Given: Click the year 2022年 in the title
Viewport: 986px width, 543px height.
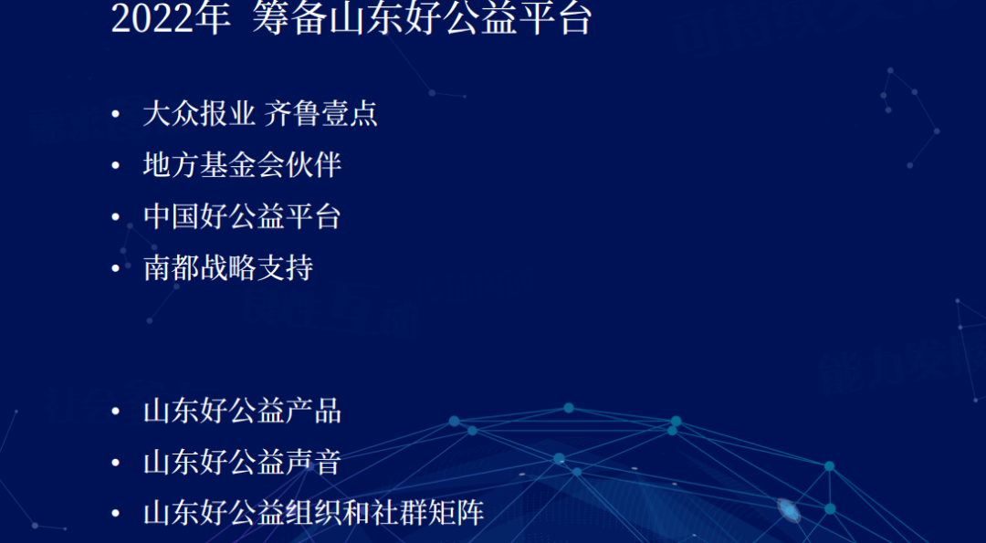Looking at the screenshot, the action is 171,19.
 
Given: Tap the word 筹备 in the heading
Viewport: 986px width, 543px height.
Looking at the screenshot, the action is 281,19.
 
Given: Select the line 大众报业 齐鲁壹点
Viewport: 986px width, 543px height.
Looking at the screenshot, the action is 260,114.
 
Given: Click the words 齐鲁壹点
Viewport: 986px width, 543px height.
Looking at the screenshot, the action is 320,114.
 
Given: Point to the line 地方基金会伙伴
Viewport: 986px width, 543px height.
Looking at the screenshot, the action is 243,165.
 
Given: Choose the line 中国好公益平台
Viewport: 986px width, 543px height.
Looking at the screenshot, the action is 243,217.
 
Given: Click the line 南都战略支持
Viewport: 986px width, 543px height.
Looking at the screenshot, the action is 228,268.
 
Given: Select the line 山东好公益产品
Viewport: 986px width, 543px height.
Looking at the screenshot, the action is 243,412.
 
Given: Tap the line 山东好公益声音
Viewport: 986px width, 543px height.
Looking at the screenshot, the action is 243,464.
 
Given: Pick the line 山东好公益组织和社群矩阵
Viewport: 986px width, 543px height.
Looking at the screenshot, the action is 314,514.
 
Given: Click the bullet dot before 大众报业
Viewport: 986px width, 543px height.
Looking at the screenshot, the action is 115,114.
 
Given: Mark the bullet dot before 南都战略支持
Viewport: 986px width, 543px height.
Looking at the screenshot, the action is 115,268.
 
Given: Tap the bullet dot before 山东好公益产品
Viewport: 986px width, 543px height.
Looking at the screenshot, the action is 115,412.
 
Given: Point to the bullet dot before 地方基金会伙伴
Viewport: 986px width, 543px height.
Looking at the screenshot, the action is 115,166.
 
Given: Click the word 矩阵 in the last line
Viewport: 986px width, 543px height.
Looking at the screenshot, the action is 456,514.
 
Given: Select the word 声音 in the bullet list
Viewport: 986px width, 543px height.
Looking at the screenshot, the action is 314,464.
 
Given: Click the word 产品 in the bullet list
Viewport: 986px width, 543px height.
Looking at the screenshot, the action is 314,412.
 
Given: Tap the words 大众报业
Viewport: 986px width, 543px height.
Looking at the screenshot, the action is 199,114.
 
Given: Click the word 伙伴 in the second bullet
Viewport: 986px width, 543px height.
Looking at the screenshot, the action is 314,165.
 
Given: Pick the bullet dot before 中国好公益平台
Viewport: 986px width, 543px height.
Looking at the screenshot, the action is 115,217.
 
